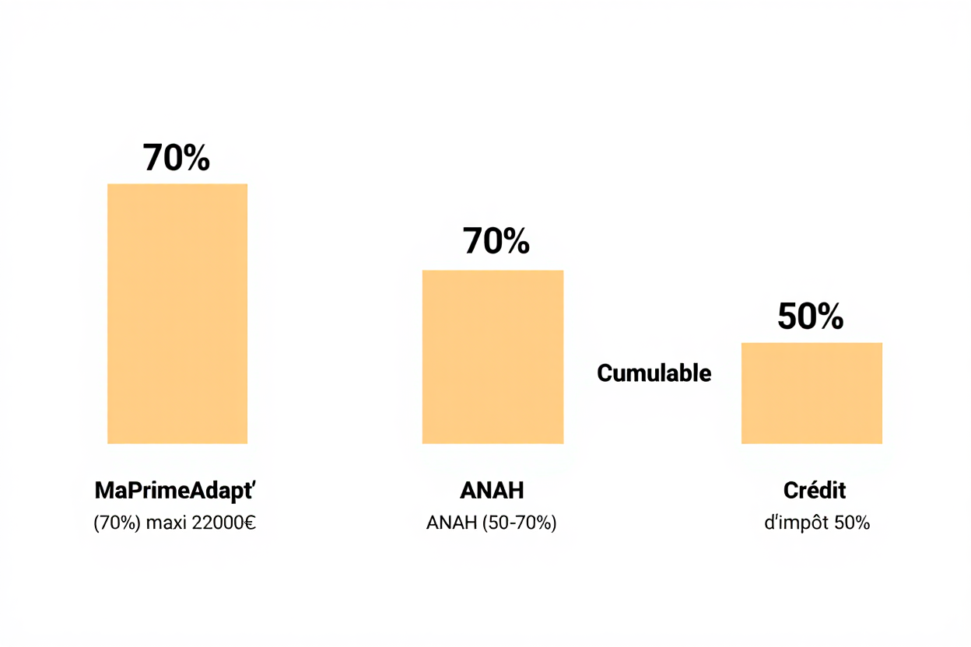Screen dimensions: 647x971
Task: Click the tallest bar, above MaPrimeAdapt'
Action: (x=177, y=313)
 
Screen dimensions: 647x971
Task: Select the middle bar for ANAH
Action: (x=493, y=357)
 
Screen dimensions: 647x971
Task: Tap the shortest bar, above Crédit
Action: (x=812, y=393)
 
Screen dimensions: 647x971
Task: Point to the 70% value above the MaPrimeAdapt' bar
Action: (x=177, y=158)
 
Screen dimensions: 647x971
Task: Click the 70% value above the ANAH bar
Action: (x=496, y=241)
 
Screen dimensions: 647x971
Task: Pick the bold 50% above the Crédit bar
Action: (x=811, y=317)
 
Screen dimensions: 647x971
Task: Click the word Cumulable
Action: (x=654, y=373)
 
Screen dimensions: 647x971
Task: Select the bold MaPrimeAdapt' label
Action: (x=175, y=491)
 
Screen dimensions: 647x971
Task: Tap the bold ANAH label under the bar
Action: (x=492, y=491)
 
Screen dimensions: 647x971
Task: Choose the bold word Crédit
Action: (x=815, y=491)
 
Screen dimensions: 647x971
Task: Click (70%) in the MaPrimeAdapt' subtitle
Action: (x=117, y=523)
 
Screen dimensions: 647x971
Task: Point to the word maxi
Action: (x=167, y=523)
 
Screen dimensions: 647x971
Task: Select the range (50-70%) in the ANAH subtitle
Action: (x=519, y=523)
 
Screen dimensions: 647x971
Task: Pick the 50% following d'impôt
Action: (x=852, y=523)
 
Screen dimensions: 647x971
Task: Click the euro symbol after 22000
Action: (x=250, y=523)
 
